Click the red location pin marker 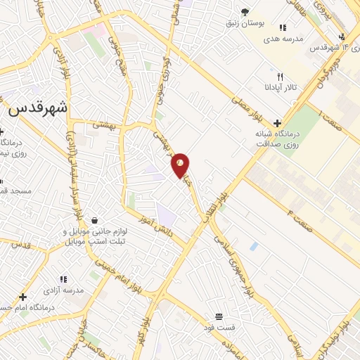[181, 164]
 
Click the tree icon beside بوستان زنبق [245, 12]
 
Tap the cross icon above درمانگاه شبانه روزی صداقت [277, 122]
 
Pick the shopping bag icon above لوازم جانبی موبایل [93, 221]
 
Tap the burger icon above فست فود [219, 316]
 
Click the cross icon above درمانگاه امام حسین [23, 297]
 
